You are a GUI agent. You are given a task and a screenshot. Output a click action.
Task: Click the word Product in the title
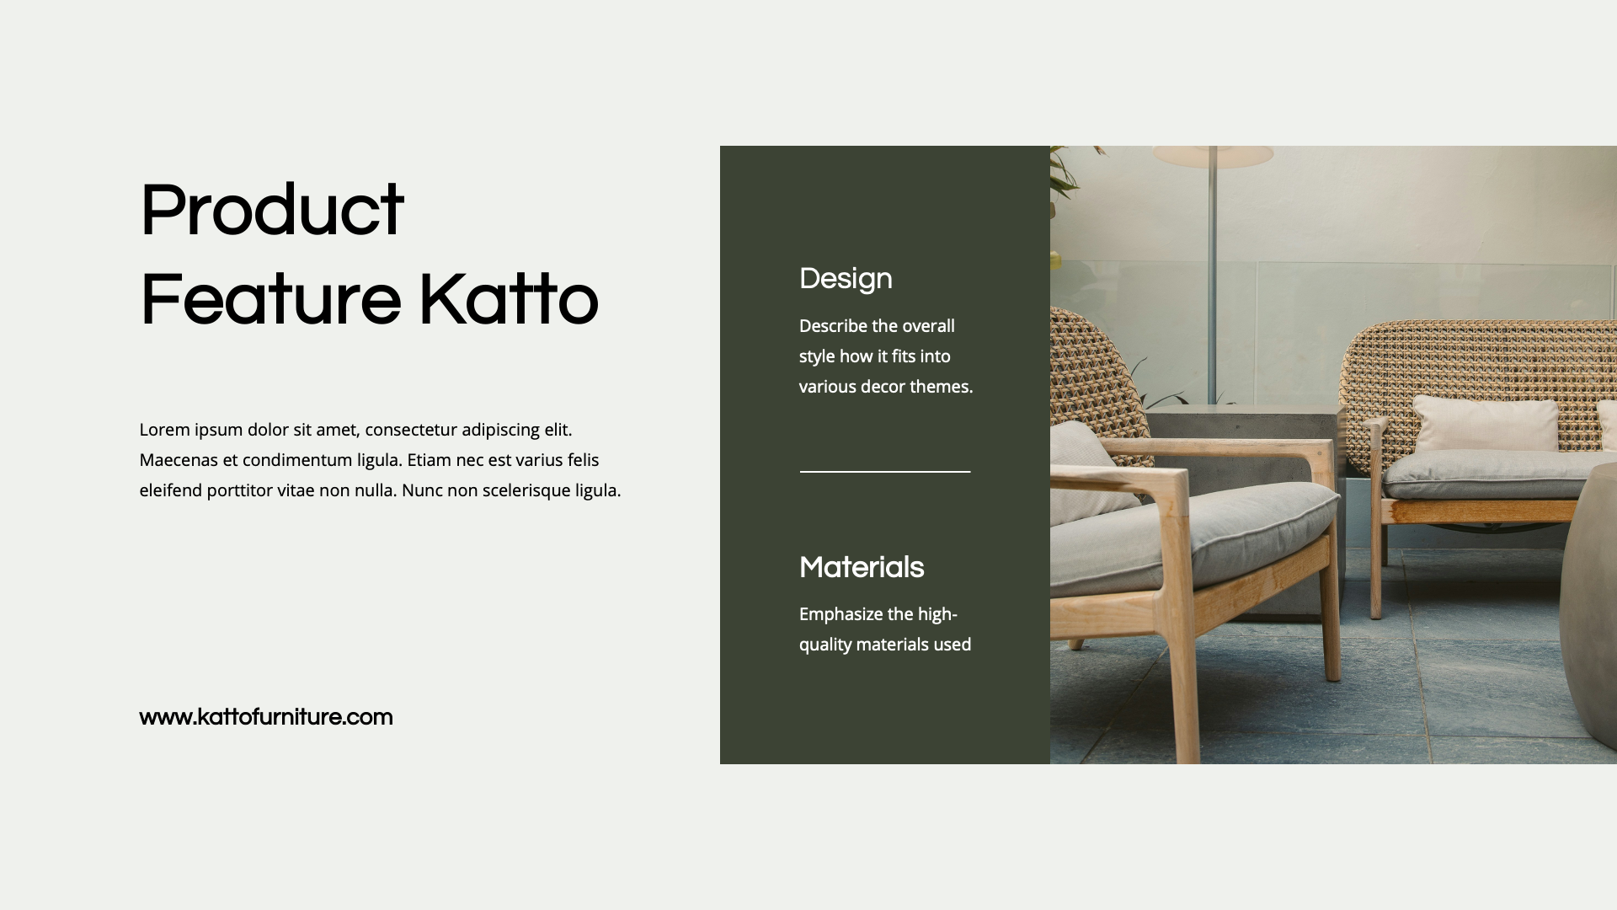271,211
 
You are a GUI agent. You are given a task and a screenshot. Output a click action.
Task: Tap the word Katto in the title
508,301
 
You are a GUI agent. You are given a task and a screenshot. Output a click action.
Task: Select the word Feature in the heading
270,301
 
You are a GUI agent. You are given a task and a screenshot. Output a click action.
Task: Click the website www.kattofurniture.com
266,717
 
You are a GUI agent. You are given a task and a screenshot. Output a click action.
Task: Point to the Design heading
846,279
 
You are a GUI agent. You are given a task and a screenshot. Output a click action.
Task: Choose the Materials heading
862,568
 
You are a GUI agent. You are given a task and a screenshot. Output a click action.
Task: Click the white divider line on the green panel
885,472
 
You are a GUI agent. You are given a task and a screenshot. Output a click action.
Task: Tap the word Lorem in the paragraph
164,430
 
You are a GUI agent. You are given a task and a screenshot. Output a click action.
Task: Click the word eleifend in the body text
170,490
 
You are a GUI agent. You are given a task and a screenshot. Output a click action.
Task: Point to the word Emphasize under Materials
841,614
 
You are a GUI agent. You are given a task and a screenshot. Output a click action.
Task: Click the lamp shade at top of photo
1213,156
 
